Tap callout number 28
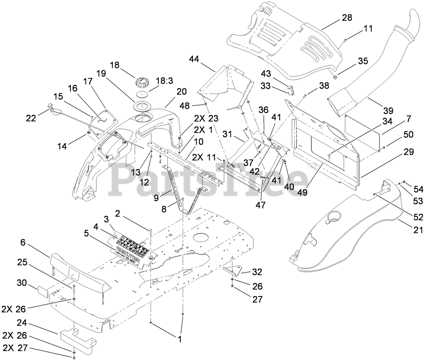347,18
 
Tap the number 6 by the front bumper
23,242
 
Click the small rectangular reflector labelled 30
44,291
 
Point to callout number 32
257,272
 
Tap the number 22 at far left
31,118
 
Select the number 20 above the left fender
182,92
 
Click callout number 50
408,134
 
